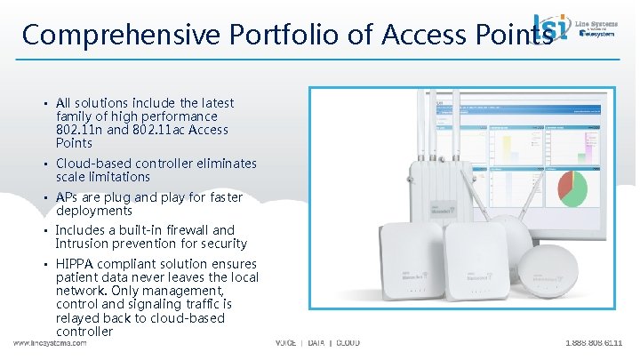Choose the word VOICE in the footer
(286, 343)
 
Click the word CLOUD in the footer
(347, 343)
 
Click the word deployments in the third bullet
(95, 211)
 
